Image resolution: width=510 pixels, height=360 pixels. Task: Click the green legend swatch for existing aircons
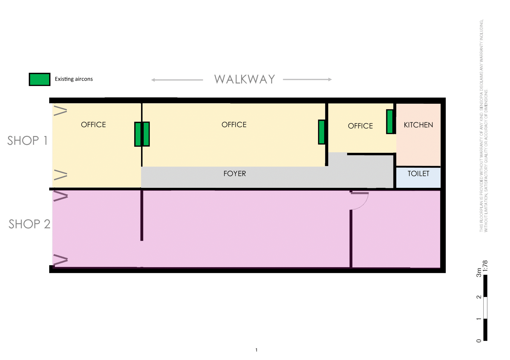point(39,79)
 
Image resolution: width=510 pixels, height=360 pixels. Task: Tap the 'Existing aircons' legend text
point(74,79)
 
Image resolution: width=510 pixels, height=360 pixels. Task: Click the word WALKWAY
point(244,79)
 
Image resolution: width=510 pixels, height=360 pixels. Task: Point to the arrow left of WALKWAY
point(177,80)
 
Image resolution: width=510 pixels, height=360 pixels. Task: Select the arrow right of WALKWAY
point(307,79)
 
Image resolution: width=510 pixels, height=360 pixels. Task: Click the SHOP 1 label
point(27,140)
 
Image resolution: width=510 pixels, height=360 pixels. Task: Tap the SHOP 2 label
point(29,224)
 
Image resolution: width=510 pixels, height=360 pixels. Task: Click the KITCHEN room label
point(418,125)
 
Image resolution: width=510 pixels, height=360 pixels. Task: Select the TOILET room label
point(418,174)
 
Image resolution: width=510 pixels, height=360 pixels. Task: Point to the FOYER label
point(235,174)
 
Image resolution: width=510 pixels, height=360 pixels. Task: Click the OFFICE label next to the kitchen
point(360,126)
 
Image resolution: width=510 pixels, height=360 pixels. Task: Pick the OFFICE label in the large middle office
point(234,124)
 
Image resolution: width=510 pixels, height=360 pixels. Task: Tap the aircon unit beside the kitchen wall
point(390,122)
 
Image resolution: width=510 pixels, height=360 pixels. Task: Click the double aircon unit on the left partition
point(142,134)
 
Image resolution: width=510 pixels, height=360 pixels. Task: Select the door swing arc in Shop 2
point(363,203)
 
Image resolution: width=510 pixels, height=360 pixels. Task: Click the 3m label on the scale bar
point(479,272)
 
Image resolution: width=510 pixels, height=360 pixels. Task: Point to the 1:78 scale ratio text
point(485,266)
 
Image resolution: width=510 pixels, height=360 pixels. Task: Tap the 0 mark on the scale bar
point(479,341)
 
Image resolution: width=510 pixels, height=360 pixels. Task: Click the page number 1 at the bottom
point(256,350)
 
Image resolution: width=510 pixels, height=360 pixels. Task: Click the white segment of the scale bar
point(485,307)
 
